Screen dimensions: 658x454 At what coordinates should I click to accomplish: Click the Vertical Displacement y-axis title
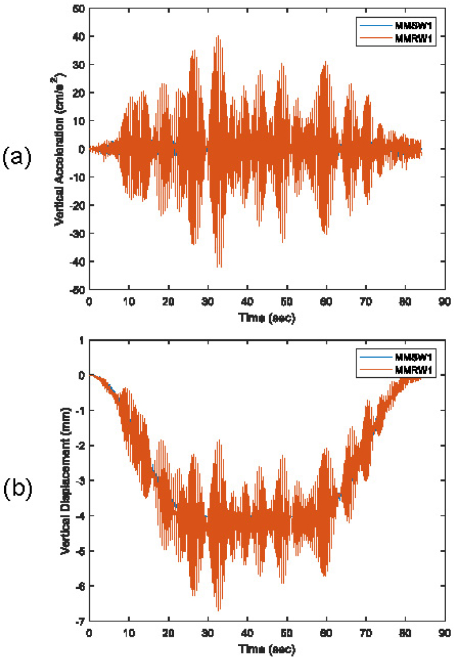[x=66, y=486]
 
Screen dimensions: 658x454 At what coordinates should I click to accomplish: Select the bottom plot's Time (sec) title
[x=267, y=649]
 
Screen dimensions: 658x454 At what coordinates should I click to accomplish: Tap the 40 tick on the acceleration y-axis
[x=77, y=37]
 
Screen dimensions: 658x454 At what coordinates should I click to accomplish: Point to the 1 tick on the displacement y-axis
[x=82, y=340]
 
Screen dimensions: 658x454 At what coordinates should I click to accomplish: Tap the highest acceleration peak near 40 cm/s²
[x=218, y=36]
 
